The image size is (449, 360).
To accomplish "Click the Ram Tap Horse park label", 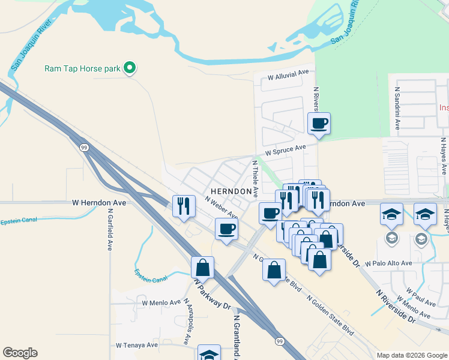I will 82,68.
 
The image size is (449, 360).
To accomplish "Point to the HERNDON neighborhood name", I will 231,191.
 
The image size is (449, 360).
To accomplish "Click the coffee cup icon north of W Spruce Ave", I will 319,124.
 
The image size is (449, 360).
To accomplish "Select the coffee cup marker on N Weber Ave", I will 227,229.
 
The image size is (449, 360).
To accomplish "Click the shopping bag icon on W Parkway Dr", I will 203,268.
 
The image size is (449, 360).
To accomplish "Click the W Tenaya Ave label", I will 137,345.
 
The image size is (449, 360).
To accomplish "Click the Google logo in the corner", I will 20,353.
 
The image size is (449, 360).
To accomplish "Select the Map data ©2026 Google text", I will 412,355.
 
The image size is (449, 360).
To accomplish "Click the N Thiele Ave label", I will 255,178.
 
